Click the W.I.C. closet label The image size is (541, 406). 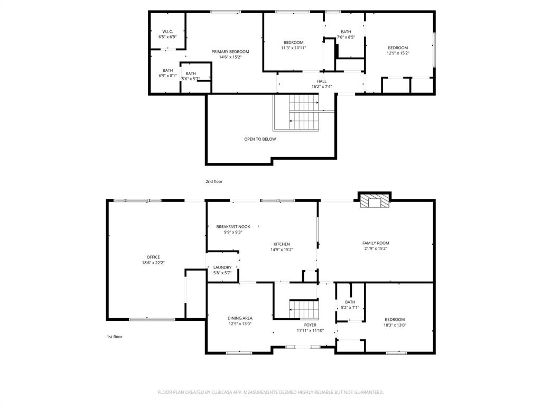167,32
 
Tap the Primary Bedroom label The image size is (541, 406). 230,52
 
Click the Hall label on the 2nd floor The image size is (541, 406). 322,81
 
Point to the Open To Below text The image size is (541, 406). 260,140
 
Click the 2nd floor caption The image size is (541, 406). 214,181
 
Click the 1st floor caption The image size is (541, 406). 114,336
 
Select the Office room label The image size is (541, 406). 153,257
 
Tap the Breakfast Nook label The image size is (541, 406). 233,227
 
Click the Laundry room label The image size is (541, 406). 222,267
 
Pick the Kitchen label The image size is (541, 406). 282,244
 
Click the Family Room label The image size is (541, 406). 376,243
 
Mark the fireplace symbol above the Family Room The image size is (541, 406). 375,201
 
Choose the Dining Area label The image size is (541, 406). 240,318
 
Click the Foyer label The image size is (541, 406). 310,325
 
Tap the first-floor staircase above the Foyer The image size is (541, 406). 304,309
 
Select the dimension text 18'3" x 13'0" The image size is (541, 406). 395,325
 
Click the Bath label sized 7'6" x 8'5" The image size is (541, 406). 346,32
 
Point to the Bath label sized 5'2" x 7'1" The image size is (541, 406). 350,302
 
